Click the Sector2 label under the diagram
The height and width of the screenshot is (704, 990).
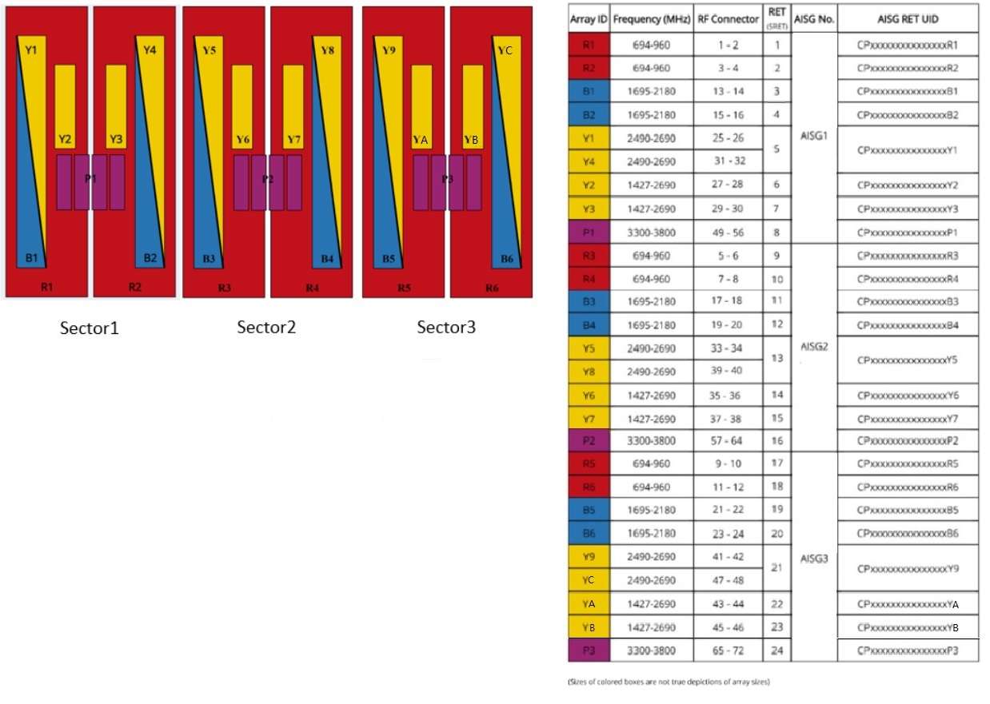point(266,328)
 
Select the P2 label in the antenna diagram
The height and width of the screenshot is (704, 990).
point(268,179)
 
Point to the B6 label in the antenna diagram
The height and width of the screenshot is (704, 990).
point(507,258)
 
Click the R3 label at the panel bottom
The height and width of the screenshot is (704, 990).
point(223,287)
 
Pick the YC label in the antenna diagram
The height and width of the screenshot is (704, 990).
point(505,50)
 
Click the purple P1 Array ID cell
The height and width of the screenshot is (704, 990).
point(589,233)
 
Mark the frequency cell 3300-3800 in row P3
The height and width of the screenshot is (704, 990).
point(650,650)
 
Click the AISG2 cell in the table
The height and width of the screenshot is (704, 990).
point(813,348)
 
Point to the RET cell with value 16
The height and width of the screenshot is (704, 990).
point(776,441)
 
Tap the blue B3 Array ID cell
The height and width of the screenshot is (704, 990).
point(589,302)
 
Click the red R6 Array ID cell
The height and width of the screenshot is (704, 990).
point(589,487)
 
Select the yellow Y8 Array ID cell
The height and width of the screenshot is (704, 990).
point(589,372)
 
